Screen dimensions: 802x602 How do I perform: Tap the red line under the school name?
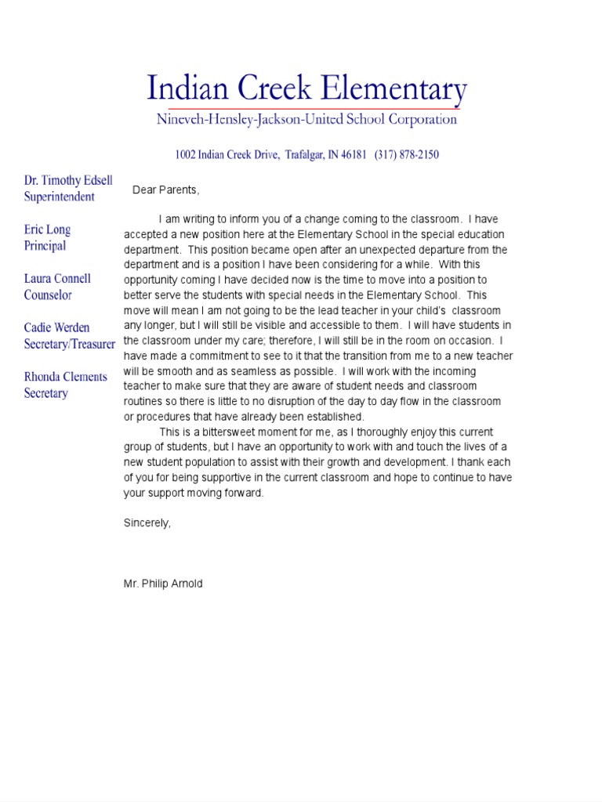pyautogui.click(x=314, y=108)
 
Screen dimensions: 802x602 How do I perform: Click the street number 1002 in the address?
pyautogui.click(x=185, y=155)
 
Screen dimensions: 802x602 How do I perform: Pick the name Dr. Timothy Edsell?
pyautogui.click(x=68, y=180)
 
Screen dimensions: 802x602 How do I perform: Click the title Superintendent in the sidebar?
pyautogui.click(x=59, y=197)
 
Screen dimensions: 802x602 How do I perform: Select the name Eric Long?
pyautogui.click(x=47, y=229)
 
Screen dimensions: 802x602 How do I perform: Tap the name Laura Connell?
pyautogui.click(x=57, y=279)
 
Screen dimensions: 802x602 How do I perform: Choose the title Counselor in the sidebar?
pyautogui.click(x=48, y=295)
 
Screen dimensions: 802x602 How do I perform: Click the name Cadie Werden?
pyautogui.click(x=56, y=327)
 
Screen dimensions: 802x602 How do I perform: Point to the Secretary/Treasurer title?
pyautogui.click(x=70, y=344)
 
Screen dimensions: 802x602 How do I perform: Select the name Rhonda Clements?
pyautogui.click(x=65, y=377)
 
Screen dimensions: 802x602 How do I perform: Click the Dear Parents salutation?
pyautogui.click(x=166, y=190)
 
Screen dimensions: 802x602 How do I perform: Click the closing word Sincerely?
pyautogui.click(x=147, y=522)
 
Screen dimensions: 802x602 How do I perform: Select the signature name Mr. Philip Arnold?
pyautogui.click(x=163, y=583)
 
